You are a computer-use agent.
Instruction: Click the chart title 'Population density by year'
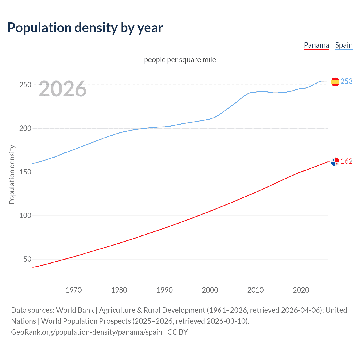pos(85,28)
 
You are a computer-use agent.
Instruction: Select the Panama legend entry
pos(316,45)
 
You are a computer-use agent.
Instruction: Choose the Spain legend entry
pos(344,45)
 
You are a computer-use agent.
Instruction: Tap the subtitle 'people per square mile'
pos(180,60)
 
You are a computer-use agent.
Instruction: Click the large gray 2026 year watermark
pos(62,89)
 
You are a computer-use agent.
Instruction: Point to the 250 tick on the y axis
pos(25,85)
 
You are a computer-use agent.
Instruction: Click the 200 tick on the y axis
pos(25,128)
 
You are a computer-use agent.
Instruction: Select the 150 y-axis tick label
pos(25,172)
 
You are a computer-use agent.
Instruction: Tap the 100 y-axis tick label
pos(25,215)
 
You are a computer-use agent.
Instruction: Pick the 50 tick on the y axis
pos(27,259)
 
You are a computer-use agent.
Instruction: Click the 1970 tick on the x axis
pos(74,290)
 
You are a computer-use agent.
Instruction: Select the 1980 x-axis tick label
pos(119,290)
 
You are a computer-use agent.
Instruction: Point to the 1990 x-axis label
pos(165,290)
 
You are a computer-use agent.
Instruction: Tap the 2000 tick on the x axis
pos(210,290)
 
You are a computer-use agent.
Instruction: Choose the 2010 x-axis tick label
pos(255,290)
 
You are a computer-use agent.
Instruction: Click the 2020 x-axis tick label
pos(301,290)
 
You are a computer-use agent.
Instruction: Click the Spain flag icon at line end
pos(335,82)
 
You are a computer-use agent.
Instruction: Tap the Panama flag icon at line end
pos(335,162)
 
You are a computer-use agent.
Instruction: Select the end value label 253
pos(346,81)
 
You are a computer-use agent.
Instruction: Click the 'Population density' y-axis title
pos(12,174)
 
